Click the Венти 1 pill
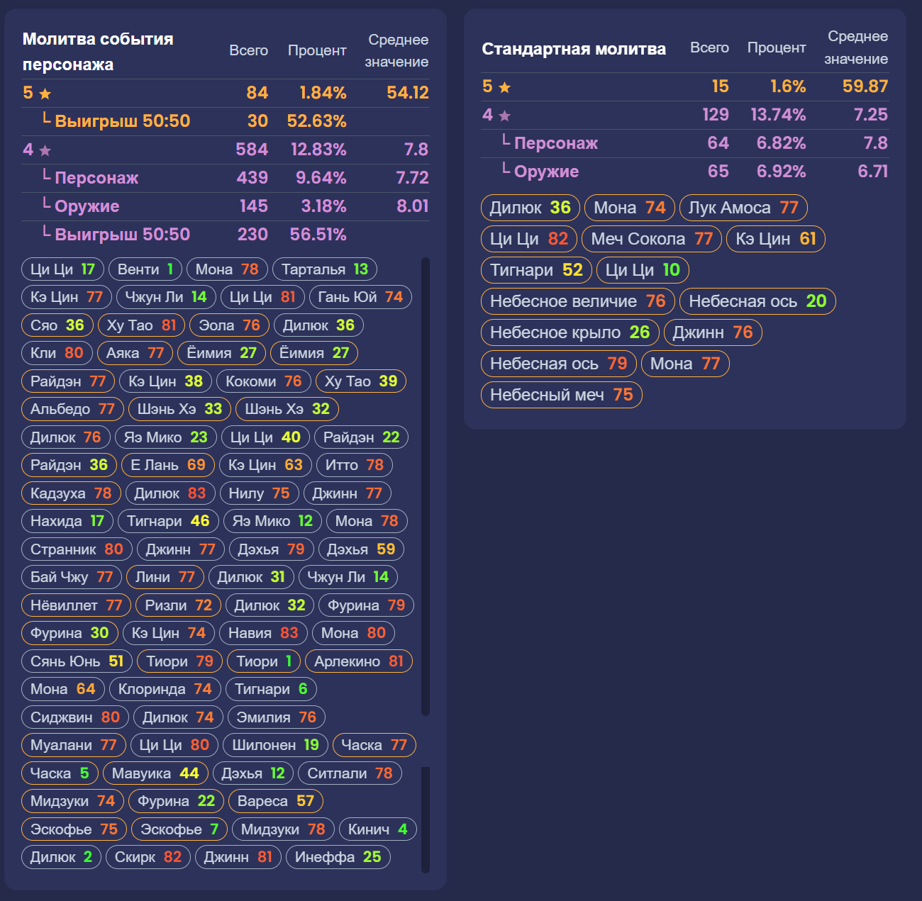click(x=145, y=269)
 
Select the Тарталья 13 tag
click(x=324, y=269)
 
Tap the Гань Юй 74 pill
click(x=360, y=297)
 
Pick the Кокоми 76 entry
click(x=263, y=381)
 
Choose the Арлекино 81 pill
click(x=358, y=661)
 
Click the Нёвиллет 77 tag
click(x=76, y=605)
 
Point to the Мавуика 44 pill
click(x=155, y=773)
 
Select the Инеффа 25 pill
click(x=338, y=857)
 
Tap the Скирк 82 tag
click(x=148, y=857)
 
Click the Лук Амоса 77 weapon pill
click(x=743, y=208)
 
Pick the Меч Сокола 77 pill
click(x=652, y=239)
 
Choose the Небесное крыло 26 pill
click(x=570, y=332)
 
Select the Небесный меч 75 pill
click(x=561, y=395)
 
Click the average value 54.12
click(x=407, y=93)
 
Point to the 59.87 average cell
click(x=865, y=86)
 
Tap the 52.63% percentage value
click(x=316, y=121)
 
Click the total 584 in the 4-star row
click(x=252, y=150)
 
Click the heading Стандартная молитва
click(x=574, y=49)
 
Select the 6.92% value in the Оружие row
click(x=781, y=172)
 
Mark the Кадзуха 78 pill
click(x=70, y=493)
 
